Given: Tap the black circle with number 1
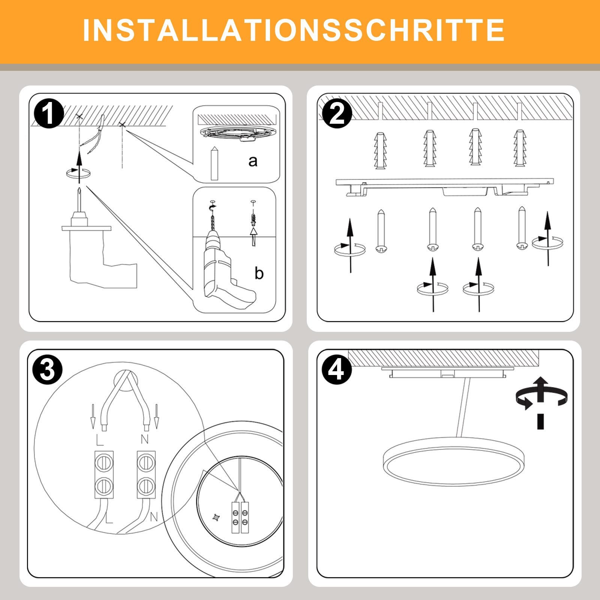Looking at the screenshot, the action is (x=48, y=114).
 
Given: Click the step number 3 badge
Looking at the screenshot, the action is (x=48, y=370).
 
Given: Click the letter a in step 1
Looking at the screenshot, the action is (x=253, y=161).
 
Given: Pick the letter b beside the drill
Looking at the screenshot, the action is (x=259, y=273).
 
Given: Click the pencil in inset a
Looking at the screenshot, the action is (x=214, y=163).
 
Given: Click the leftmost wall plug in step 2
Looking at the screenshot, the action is (x=380, y=150).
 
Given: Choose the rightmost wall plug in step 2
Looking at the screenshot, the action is (x=520, y=148).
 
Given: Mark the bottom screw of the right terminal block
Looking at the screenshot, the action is (x=146, y=486).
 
